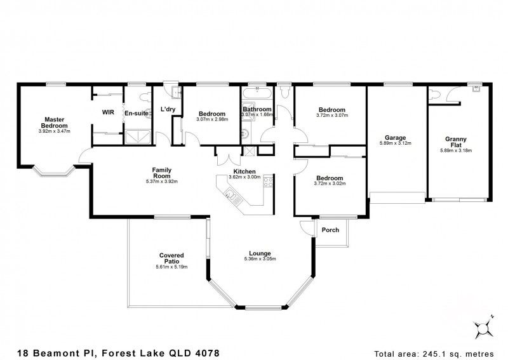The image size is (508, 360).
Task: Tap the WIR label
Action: pyautogui.click(x=107, y=112)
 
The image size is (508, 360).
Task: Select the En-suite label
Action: pyautogui.click(x=136, y=113)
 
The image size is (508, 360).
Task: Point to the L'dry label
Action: pyautogui.click(x=168, y=109)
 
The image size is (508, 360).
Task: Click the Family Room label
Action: pyautogui.click(x=161, y=172)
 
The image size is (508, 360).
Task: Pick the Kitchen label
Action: pyautogui.click(x=244, y=171)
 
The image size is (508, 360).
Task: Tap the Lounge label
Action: pyautogui.click(x=260, y=252)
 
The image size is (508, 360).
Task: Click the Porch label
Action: pyautogui.click(x=330, y=230)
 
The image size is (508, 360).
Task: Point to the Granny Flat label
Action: pyautogui.click(x=457, y=141)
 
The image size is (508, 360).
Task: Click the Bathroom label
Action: pyautogui.click(x=257, y=109)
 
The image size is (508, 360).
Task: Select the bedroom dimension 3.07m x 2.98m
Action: pyautogui.click(x=211, y=120)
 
